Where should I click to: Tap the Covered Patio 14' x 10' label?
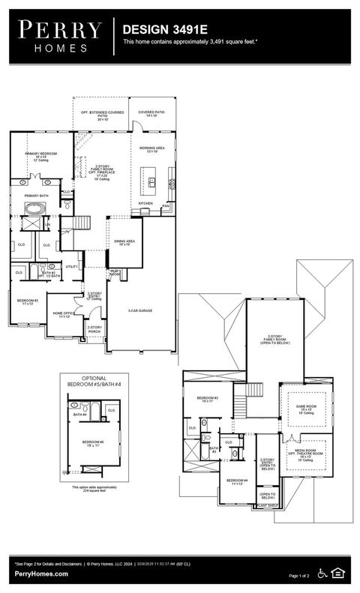pos(151,113)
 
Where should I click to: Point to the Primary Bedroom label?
pos(41,155)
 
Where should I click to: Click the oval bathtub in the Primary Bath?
pos(34,206)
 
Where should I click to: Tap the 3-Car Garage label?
pos(140,310)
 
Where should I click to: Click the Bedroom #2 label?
pos(28,301)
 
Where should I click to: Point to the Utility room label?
pos(71,266)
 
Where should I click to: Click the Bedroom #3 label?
pos(207,399)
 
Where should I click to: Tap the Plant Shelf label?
pos(268,506)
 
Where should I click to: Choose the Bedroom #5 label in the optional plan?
pos(92,443)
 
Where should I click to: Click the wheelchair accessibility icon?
pos(322,574)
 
